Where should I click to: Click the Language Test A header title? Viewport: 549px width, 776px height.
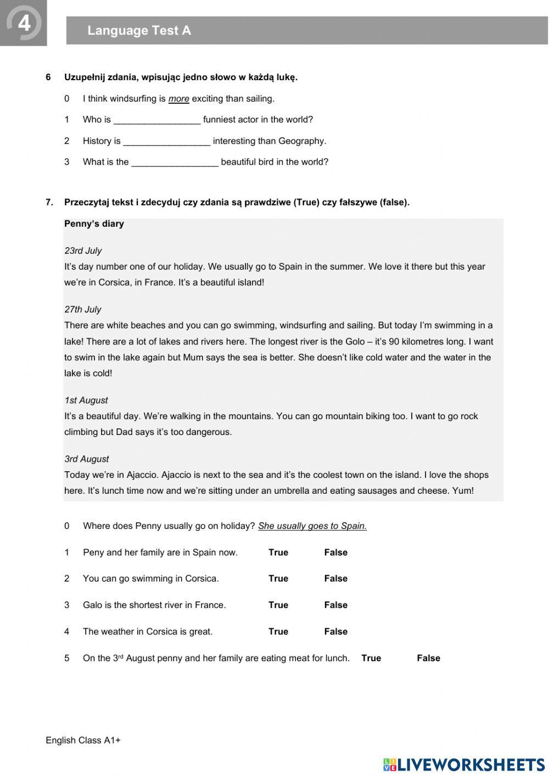click(139, 31)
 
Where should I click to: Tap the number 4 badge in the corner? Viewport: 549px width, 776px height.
click(24, 23)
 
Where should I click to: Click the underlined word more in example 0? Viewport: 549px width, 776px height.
click(178, 99)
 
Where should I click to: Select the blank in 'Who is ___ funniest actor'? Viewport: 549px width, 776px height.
click(156, 120)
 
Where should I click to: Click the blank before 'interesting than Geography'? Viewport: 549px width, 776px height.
click(166, 142)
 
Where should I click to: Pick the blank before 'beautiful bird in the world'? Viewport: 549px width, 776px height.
click(175, 163)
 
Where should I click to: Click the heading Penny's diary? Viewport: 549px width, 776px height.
click(94, 224)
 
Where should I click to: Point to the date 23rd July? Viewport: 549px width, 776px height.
click(83, 251)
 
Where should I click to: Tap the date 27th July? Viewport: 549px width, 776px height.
click(83, 310)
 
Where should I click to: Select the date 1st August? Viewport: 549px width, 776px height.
click(86, 400)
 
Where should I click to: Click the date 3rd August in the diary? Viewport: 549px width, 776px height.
click(87, 459)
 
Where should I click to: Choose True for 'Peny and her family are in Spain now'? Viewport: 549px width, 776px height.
click(278, 552)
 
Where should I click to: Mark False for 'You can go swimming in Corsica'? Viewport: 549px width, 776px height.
click(335, 578)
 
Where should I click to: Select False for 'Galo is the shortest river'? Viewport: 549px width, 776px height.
click(335, 605)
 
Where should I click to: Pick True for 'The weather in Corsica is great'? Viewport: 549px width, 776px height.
click(278, 632)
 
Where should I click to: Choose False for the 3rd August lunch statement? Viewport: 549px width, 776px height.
click(428, 658)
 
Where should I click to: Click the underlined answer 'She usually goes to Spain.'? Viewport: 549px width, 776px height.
click(312, 526)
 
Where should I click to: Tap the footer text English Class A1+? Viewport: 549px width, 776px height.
click(83, 740)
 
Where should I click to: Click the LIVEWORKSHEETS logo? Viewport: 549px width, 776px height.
click(464, 764)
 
